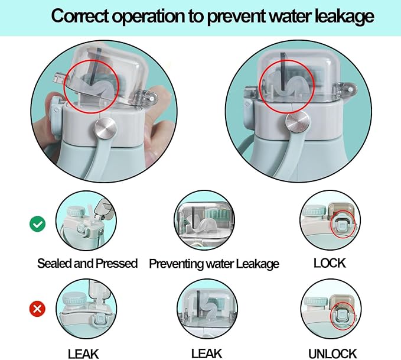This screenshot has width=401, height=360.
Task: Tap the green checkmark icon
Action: pyautogui.click(x=37, y=223)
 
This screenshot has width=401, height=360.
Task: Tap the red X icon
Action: pyautogui.click(x=37, y=308)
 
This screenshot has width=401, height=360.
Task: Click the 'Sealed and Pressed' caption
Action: pyautogui.click(x=87, y=263)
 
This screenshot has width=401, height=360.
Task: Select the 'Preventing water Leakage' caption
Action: pyautogui.click(x=214, y=264)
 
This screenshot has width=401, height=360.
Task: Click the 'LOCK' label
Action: pyautogui.click(x=330, y=262)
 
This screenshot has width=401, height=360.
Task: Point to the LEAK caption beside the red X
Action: pyautogui.click(x=83, y=354)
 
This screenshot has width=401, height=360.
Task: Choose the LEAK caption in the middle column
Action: pyautogui.click(x=207, y=353)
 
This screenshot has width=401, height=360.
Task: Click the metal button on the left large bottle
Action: pyautogui.click(x=106, y=128)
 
